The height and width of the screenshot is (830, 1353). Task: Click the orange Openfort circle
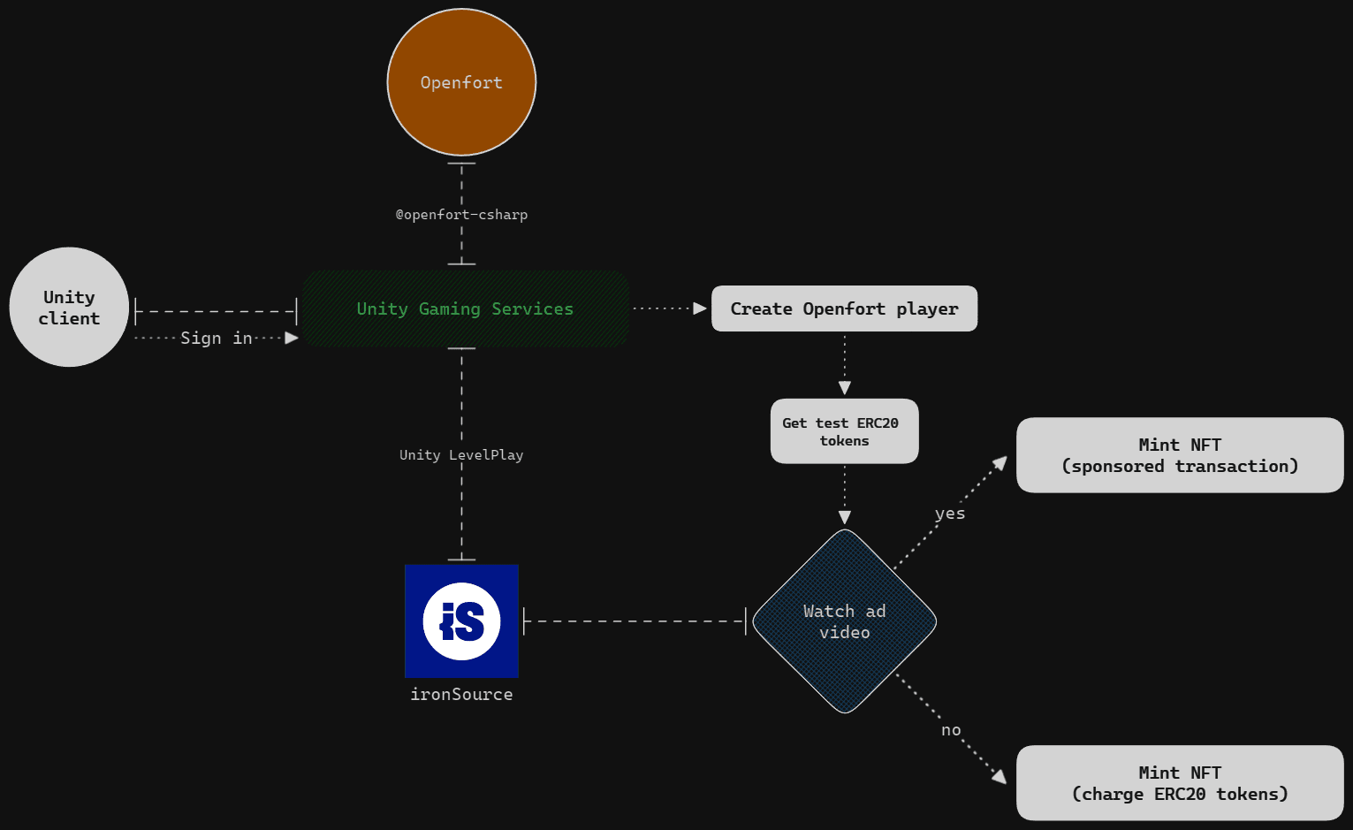461,82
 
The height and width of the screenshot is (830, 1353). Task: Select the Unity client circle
69,307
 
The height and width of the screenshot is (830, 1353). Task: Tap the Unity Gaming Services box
465,308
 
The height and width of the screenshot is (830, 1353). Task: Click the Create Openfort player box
844,308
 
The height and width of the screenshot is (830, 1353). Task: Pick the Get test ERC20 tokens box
844,431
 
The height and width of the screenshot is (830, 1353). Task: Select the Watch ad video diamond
844,621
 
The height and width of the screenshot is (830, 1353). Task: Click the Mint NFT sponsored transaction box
1179,455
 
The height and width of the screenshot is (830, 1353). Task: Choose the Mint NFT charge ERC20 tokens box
1179,783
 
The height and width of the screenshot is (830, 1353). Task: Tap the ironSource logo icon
461,621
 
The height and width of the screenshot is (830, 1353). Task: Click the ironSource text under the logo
461,695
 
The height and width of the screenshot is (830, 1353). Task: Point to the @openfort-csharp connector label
461,215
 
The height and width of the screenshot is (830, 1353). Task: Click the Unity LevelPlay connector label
461,455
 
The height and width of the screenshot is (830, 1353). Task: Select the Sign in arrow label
217,339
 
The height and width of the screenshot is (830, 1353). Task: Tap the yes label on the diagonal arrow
950,514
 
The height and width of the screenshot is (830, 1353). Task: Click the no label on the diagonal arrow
951,730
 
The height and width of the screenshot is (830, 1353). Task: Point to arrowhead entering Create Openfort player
700,308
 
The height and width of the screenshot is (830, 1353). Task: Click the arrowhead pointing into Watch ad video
844,517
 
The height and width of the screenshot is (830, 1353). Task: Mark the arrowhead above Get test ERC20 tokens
844,388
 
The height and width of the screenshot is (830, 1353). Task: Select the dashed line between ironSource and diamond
635,621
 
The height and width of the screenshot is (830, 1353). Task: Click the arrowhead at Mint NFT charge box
1000,776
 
